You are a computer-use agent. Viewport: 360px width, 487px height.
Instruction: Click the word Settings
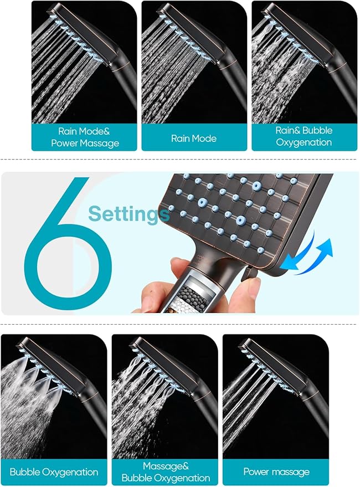(128, 213)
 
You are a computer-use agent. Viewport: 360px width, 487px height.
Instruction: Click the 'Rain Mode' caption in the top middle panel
(194, 138)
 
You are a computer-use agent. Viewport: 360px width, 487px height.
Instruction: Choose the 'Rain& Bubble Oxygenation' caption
(304, 136)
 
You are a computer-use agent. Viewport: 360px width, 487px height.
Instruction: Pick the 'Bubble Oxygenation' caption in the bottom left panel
(54, 472)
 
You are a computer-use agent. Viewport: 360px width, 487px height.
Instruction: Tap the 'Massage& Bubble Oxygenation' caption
(165, 472)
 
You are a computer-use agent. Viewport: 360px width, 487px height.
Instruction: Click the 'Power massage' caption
(276, 472)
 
